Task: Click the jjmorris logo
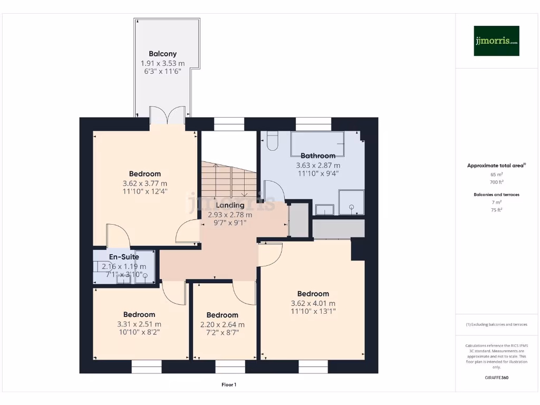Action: tap(496, 41)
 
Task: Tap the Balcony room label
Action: tap(162, 54)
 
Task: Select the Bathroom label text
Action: tap(318, 156)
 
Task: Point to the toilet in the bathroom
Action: tap(273, 141)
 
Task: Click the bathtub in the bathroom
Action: tap(317, 143)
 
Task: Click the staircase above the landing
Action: tap(227, 179)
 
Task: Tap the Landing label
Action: tap(230, 205)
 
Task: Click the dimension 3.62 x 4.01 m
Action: tap(313, 303)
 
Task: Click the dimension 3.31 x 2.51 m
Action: tap(139, 324)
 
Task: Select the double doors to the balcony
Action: tap(167, 115)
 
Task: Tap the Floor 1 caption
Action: tap(229, 385)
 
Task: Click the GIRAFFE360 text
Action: tap(496, 378)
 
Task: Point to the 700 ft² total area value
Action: tap(496, 182)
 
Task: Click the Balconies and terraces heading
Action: tap(496, 195)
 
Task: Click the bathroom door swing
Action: tap(274, 192)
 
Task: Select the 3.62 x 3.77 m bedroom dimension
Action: tap(145, 184)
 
